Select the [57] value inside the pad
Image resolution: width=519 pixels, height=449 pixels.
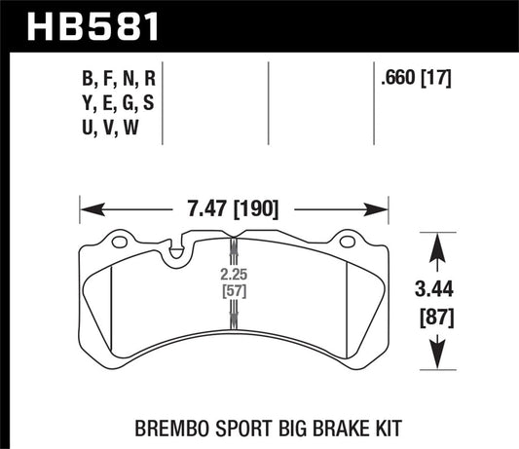pos(232,290)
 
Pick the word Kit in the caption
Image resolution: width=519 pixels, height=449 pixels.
pos(352,426)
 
